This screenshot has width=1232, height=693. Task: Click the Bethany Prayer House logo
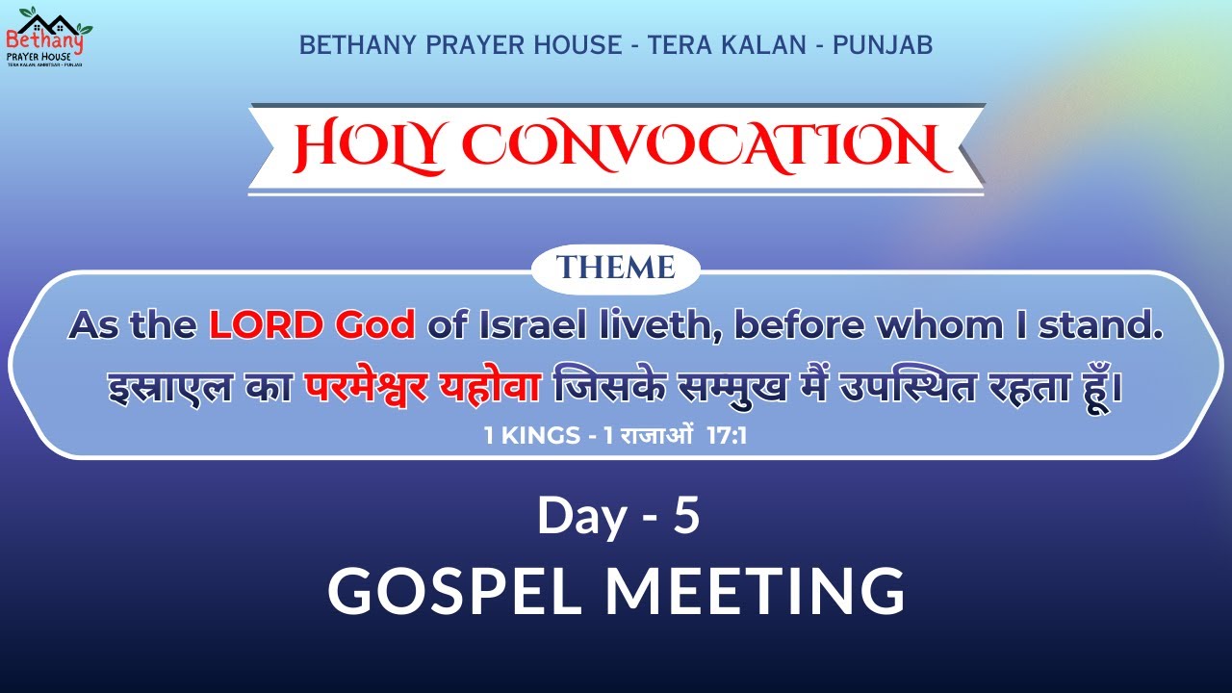click(44, 37)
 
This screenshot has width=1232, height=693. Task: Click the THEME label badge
click(616, 269)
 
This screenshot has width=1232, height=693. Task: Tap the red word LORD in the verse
click(268, 326)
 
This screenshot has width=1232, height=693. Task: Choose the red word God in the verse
click(375, 326)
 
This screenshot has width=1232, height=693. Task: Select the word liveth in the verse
click(653, 326)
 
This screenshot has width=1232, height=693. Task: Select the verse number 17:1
click(727, 436)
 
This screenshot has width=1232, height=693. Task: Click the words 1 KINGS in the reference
click(528, 436)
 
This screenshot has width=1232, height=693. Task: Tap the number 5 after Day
click(685, 516)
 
